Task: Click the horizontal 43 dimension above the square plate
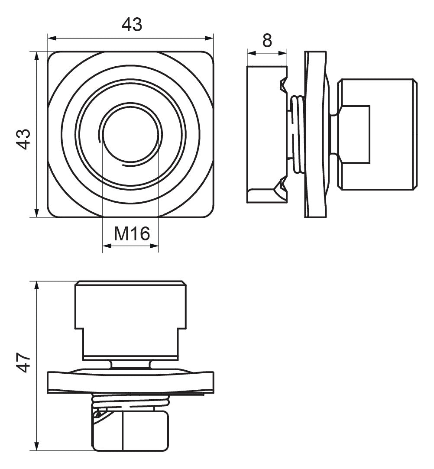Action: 132,25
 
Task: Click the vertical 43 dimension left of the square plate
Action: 23,139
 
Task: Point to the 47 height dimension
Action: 23,362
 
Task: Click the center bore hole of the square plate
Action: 131,135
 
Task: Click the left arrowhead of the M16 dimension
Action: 107,246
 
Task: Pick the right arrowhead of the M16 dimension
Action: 154,246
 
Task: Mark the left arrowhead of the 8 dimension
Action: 252,53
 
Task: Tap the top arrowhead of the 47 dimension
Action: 37,286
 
